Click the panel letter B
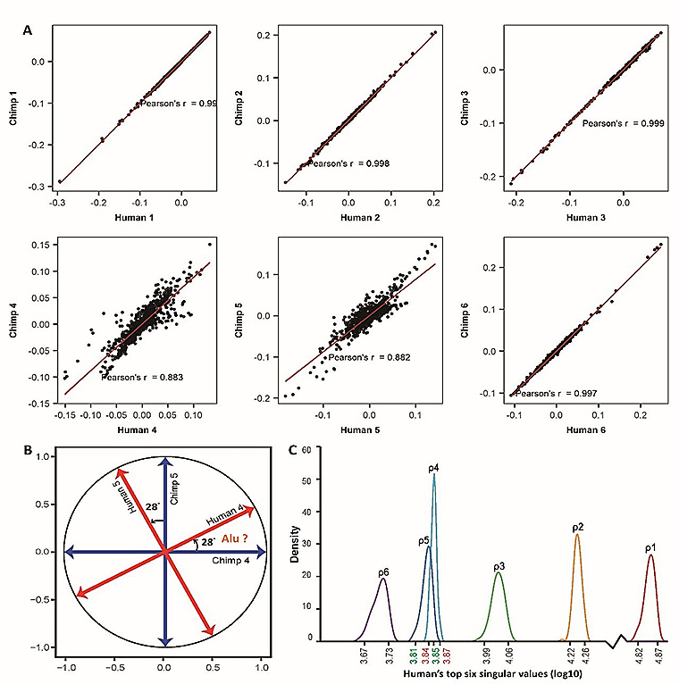coord(29,442)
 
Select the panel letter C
coord(295,442)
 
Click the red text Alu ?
coord(232,538)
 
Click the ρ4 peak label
coord(433,467)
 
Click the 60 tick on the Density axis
coord(308,452)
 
